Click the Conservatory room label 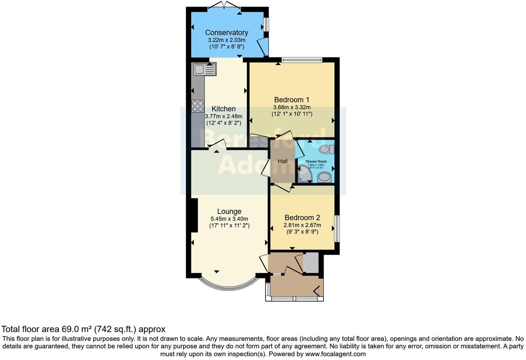click(x=226, y=33)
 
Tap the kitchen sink click(x=205, y=69)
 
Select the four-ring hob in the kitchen click(x=198, y=106)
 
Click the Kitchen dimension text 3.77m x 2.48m click(x=224, y=116)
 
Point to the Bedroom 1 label click(x=291, y=100)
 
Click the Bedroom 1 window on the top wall click(x=302, y=60)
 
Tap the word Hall click(x=282, y=161)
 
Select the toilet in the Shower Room click(x=326, y=149)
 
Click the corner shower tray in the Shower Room click(x=305, y=174)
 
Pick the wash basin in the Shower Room click(x=324, y=177)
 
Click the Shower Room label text click(x=316, y=161)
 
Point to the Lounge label click(x=229, y=211)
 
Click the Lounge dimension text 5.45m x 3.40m click(x=229, y=219)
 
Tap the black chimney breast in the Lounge click(x=194, y=215)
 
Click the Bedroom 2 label click(x=302, y=218)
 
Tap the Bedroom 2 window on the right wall click(x=336, y=229)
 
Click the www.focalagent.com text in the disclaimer click(x=335, y=354)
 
